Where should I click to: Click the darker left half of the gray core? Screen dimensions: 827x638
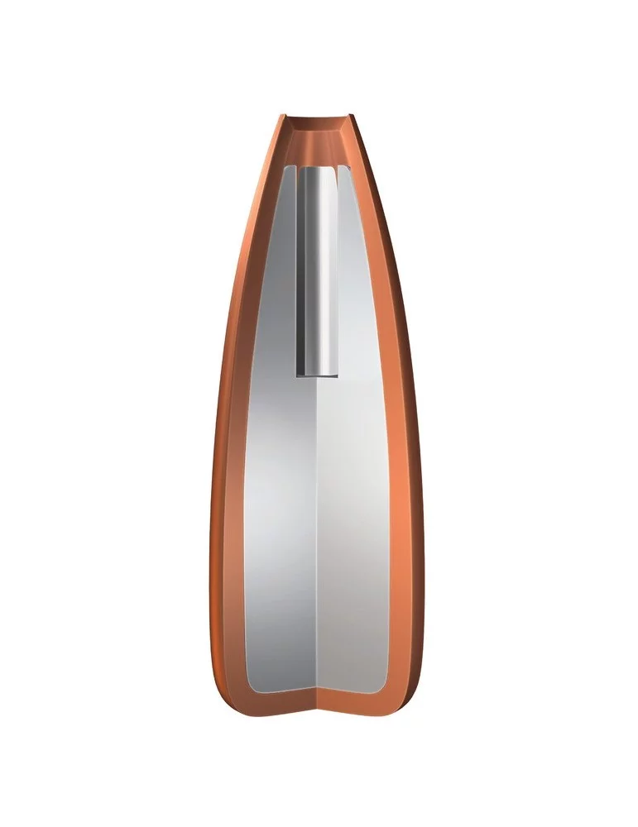point(277,496)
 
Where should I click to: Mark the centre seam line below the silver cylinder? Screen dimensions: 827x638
point(318,538)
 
